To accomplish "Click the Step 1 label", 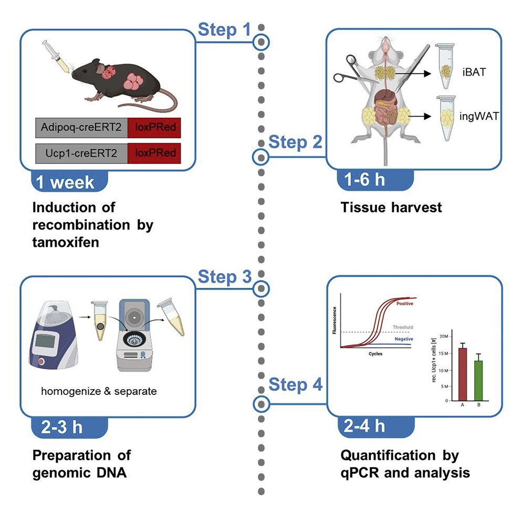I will pyautogui.click(x=224, y=30).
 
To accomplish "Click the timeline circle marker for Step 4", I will pyautogui.click(x=261, y=404).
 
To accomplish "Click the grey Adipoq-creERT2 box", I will pyautogui.click(x=81, y=128).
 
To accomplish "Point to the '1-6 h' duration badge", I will pyautogui.click(x=364, y=179).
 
